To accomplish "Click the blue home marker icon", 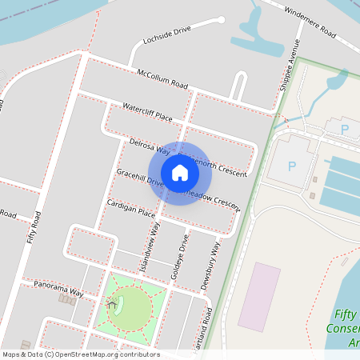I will point(179,172).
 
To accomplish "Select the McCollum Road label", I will point(162,78).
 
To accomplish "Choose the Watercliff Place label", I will point(147,111).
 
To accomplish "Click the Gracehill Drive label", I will point(141,178).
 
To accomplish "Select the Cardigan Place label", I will point(130,208).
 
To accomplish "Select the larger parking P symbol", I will point(292,166).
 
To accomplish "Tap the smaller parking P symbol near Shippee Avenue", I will point(345,129).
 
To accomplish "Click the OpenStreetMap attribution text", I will point(81,354).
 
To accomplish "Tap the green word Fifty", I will point(346,314).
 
